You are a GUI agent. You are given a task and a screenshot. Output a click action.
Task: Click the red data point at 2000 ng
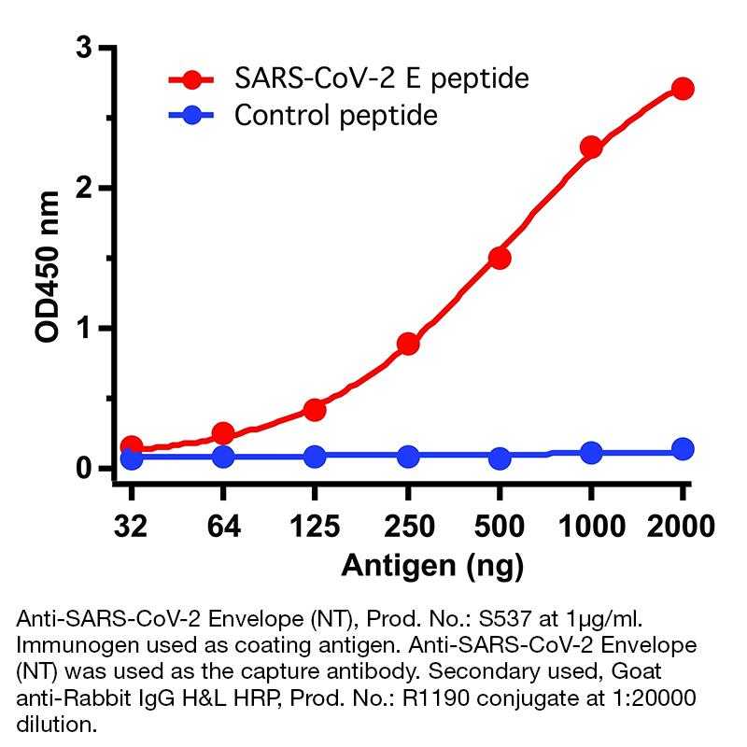tap(683, 89)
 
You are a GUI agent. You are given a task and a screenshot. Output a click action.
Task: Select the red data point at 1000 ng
tap(591, 148)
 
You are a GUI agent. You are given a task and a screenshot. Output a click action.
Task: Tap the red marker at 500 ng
tap(500, 258)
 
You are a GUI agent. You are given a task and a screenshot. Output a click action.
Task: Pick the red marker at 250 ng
tap(408, 345)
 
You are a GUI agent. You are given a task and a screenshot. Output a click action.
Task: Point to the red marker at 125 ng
tap(315, 410)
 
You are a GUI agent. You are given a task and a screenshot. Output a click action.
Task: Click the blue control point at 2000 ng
tap(683, 449)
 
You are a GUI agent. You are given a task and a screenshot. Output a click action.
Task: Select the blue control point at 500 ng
tap(500, 458)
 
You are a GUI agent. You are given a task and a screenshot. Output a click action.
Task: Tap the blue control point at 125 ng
tap(315, 457)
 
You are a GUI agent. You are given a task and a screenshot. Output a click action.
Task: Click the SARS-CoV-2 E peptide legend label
tap(381, 78)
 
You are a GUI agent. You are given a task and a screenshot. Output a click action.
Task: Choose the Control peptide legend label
tap(335, 116)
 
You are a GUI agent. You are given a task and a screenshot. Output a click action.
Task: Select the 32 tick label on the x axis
tap(132, 526)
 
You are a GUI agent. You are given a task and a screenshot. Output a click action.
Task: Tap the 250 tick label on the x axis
tap(408, 526)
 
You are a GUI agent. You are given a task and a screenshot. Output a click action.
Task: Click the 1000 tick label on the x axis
tap(589, 526)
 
